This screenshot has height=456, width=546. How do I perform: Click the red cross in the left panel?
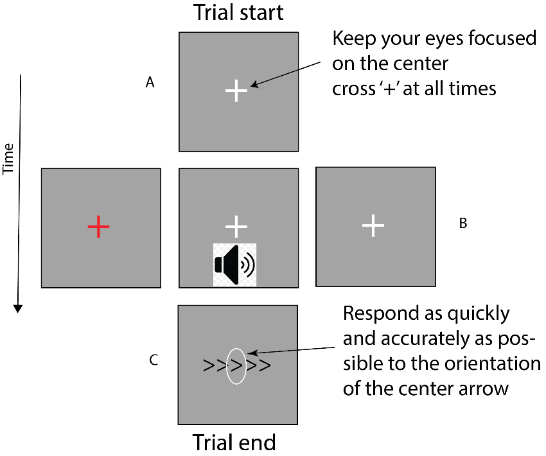tap(98, 226)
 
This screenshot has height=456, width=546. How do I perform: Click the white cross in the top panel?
tap(236, 91)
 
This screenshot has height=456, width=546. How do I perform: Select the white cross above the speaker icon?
tap(237, 225)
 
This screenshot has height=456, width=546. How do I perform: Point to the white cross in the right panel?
tap(373, 225)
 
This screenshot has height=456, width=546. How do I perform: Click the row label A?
tap(150, 82)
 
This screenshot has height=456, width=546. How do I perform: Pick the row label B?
tap(462, 224)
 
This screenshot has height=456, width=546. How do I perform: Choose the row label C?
tap(154, 360)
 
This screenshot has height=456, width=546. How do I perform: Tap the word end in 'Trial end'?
tap(257, 443)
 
